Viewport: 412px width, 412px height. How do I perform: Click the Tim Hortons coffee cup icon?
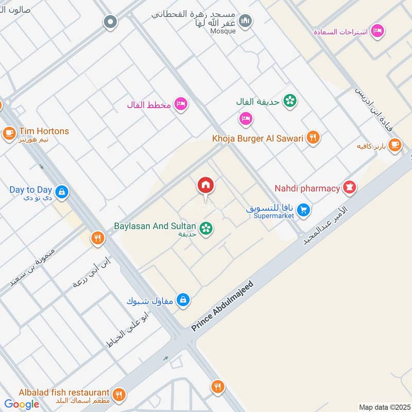tap(9, 133)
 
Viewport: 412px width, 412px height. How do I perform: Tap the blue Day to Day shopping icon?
tap(61, 193)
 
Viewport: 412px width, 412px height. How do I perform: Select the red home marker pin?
tap(205, 185)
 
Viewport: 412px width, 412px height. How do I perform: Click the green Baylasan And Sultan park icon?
tap(207, 228)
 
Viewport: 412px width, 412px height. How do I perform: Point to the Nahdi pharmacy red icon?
tap(350, 188)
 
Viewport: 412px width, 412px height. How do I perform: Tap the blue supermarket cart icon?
tap(304, 210)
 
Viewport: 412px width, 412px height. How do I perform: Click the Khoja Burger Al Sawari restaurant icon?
tap(313, 138)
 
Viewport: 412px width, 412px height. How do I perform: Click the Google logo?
tap(22, 404)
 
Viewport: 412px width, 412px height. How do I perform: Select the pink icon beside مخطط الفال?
tap(180, 104)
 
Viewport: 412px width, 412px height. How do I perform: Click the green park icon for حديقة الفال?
tap(290, 101)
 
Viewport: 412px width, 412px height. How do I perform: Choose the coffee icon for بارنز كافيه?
tap(394, 145)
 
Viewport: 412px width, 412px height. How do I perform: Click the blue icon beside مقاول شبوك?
tap(183, 299)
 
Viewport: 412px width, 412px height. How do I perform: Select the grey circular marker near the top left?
tap(110, 22)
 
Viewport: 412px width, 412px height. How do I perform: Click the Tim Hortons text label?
tap(44, 131)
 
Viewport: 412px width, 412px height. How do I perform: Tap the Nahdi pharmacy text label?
tap(307, 188)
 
